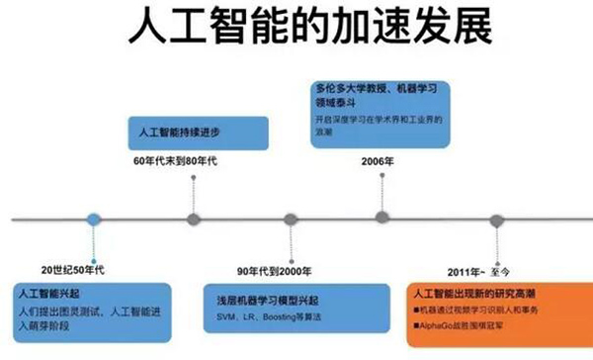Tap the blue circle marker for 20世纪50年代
click(x=93, y=219)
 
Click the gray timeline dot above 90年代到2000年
click(x=290, y=219)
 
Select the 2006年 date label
click(x=380, y=160)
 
